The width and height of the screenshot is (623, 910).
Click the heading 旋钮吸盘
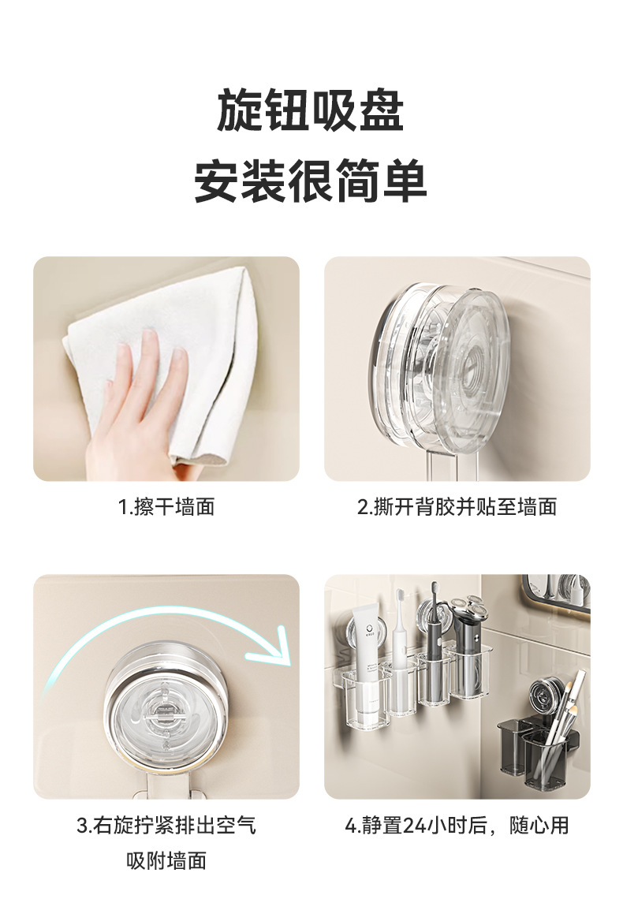311,110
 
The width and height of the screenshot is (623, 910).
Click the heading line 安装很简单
311,181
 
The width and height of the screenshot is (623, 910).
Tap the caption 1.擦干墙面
166,507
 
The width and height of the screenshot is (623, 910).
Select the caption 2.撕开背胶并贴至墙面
457,507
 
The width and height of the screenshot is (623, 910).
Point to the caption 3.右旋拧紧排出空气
166,826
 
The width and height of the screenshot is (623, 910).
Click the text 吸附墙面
166,860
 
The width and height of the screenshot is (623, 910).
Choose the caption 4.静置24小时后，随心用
457,826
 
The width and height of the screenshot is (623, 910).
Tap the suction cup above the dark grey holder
547,696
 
